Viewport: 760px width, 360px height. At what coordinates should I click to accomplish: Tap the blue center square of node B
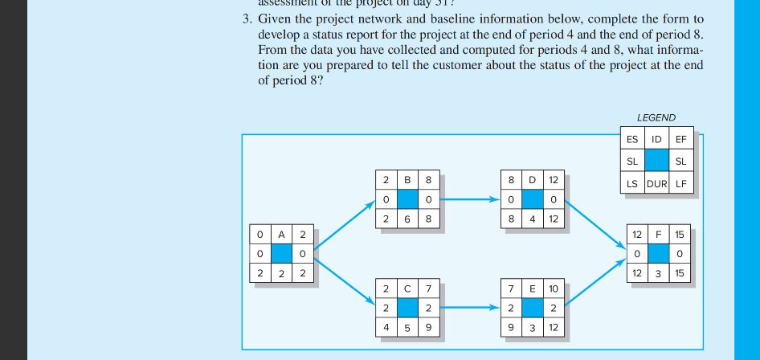(408, 198)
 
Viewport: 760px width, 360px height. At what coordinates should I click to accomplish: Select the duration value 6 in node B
(408, 219)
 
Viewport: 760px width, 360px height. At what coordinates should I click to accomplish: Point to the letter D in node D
(532, 178)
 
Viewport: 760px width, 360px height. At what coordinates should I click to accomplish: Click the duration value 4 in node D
(532, 219)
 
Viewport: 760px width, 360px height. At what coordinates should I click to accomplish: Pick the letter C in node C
(408, 288)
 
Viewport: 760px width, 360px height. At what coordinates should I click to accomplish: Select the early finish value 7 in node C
(429, 288)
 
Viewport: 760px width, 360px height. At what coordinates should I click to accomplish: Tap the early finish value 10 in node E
(553, 288)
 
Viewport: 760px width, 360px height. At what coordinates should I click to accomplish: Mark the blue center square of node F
(658, 254)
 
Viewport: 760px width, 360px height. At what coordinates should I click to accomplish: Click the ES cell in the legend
(633, 139)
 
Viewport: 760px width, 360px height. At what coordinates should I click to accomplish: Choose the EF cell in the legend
(681, 139)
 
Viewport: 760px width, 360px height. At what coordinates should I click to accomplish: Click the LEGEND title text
(656, 117)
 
